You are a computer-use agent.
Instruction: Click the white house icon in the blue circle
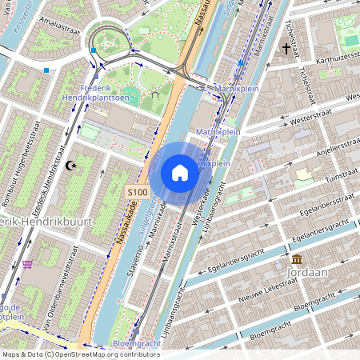tap(180, 172)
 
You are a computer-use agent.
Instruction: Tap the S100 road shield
tap(138, 193)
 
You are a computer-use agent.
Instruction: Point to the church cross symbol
tap(286, 49)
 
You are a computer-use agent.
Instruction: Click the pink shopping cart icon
tap(28, 264)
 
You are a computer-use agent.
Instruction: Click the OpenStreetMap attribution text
tap(80, 354)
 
